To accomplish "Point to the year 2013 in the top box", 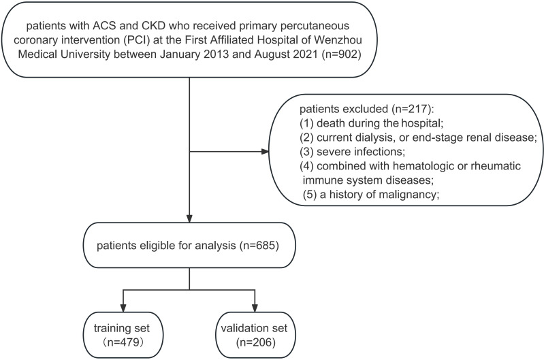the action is (x=216, y=54).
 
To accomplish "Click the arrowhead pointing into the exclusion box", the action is (x=265, y=152).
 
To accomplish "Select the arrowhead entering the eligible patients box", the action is (x=189, y=218).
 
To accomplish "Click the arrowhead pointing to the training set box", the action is (x=123, y=308).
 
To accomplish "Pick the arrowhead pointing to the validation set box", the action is (x=255, y=308).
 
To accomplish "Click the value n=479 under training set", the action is (x=123, y=343).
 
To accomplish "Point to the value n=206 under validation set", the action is (x=256, y=343).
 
